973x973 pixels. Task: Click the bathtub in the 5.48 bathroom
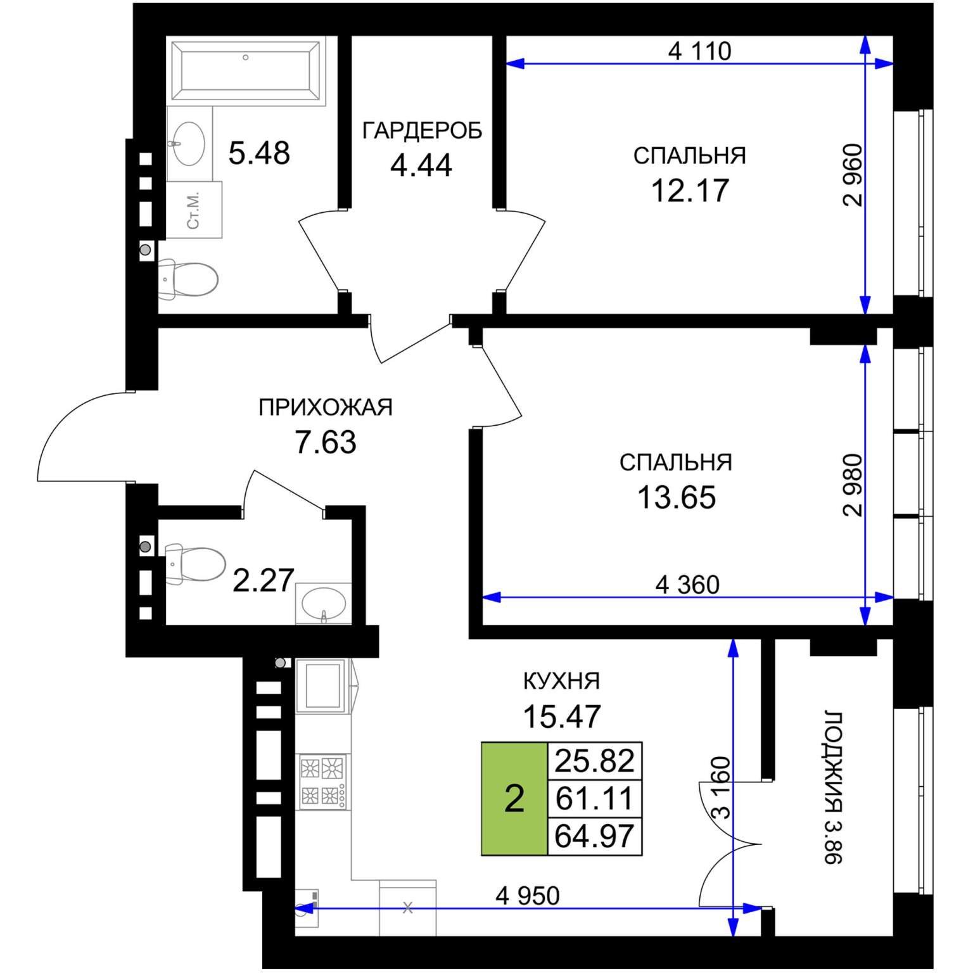point(246,70)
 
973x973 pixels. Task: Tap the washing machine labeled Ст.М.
point(194,210)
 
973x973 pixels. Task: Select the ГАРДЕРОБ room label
point(422,130)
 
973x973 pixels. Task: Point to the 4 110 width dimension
point(699,51)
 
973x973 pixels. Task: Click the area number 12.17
point(690,190)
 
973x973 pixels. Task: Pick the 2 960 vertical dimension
point(853,175)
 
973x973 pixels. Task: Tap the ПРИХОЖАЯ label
point(326,407)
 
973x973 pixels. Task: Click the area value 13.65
point(677,497)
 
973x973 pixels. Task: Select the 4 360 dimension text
point(687,585)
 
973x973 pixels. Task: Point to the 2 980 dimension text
point(853,485)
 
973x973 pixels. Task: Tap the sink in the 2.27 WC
point(324,604)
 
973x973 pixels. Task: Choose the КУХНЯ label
point(561,682)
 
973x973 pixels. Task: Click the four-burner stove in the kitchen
point(323,782)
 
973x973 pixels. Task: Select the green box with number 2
point(514,799)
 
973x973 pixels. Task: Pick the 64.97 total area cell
point(594,836)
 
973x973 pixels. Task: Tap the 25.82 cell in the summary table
point(594,761)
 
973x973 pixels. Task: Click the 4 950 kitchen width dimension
point(528,896)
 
